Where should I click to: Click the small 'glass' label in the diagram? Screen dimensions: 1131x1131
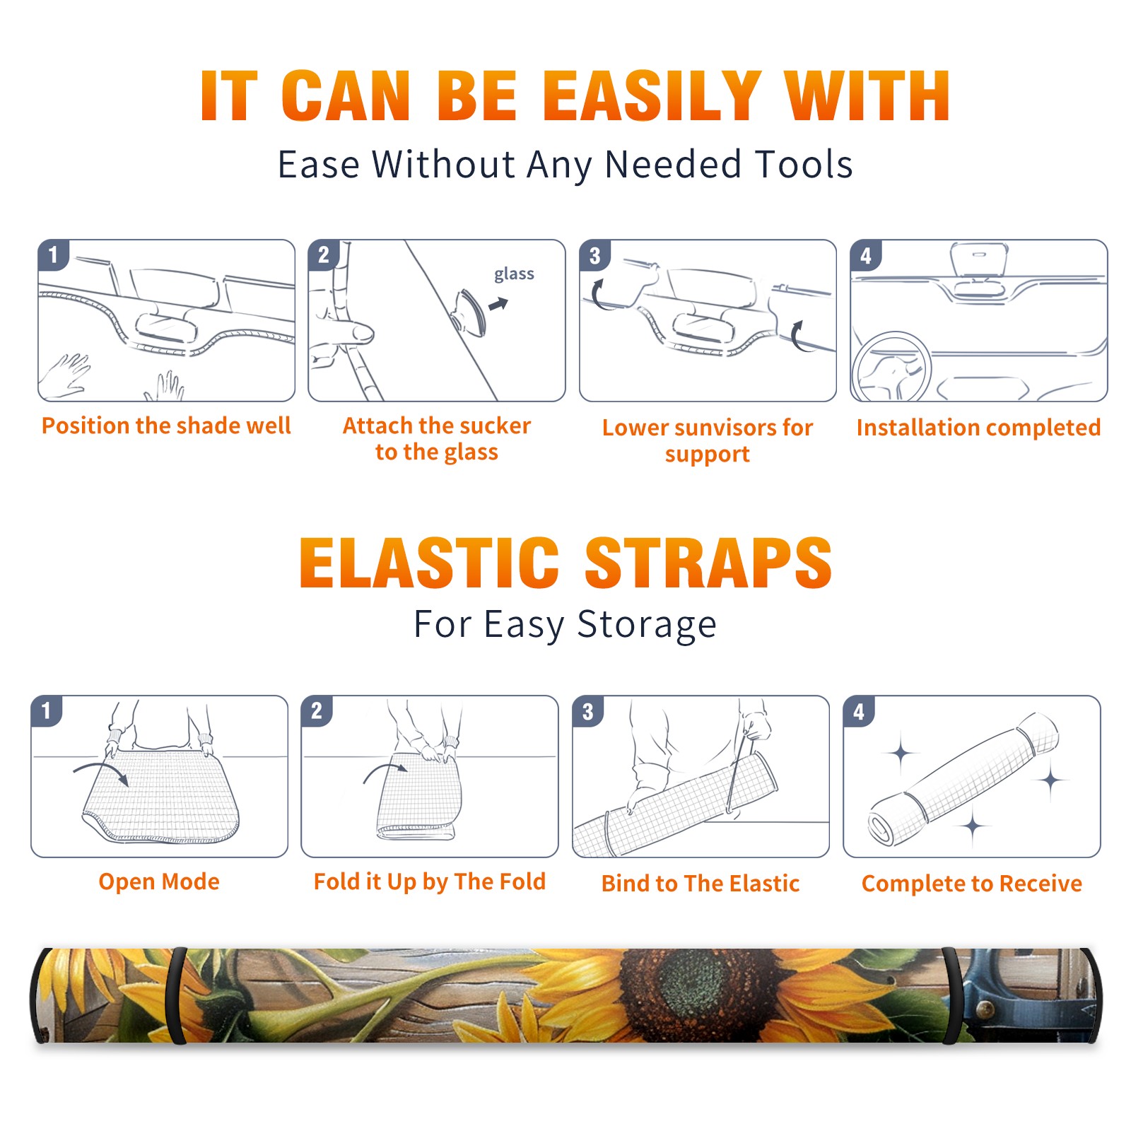[x=514, y=274]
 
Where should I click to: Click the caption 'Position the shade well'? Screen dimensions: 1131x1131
[x=166, y=426]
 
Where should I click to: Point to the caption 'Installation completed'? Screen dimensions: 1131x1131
[x=978, y=427]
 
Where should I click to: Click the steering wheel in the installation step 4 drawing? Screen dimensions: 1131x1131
[x=891, y=367]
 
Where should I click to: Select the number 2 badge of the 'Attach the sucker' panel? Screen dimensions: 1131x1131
[x=324, y=254]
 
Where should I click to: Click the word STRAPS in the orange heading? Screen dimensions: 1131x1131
[x=708, y=563]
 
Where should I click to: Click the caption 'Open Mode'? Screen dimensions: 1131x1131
[x=159, y=881]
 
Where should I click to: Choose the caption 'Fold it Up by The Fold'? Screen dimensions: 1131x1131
[x=430, y=881]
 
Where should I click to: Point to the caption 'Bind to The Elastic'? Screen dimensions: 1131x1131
[x=701, y=884]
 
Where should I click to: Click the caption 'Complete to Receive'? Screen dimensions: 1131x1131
[x=972, y=884]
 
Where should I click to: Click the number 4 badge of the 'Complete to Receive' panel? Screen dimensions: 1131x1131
[x=859, y=711]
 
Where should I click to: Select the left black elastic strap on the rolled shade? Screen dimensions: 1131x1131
[x=177, y=995]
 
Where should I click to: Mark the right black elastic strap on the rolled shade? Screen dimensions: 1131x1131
[x=951, y=995]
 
